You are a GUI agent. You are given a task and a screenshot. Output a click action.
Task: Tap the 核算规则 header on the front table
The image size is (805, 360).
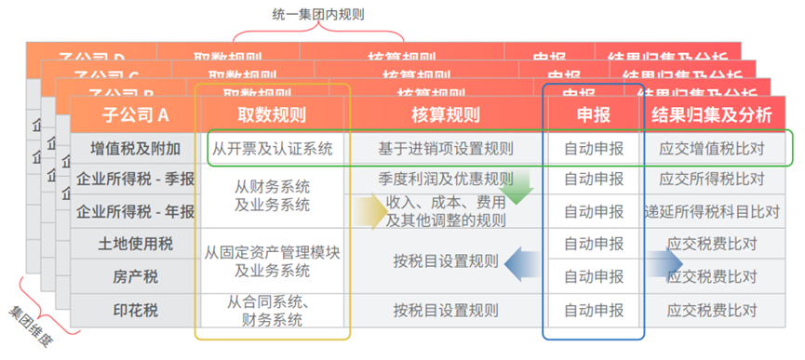pyautogui.click(x=445, y=115)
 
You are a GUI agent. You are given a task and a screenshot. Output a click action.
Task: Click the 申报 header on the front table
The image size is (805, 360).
pyautogui.click(x=593, y=115)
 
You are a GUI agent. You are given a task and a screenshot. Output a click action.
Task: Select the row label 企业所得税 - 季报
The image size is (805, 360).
pyautogui.click(x=136, y=180)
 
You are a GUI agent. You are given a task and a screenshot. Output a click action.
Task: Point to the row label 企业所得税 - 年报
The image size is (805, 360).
pyautogui.click(x=136, y=211)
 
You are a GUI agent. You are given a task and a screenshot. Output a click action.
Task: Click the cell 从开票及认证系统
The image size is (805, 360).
pyautogui.click(x=272, y=148)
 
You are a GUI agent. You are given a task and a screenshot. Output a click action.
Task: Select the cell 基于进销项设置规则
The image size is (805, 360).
pyautogui.click(x=445, y=148)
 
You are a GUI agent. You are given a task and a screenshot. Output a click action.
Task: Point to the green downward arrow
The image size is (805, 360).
pyautogui.click(x=518, y=185)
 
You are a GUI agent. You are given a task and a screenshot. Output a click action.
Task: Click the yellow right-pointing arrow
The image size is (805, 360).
pyautogui.click(x=369, y=212)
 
